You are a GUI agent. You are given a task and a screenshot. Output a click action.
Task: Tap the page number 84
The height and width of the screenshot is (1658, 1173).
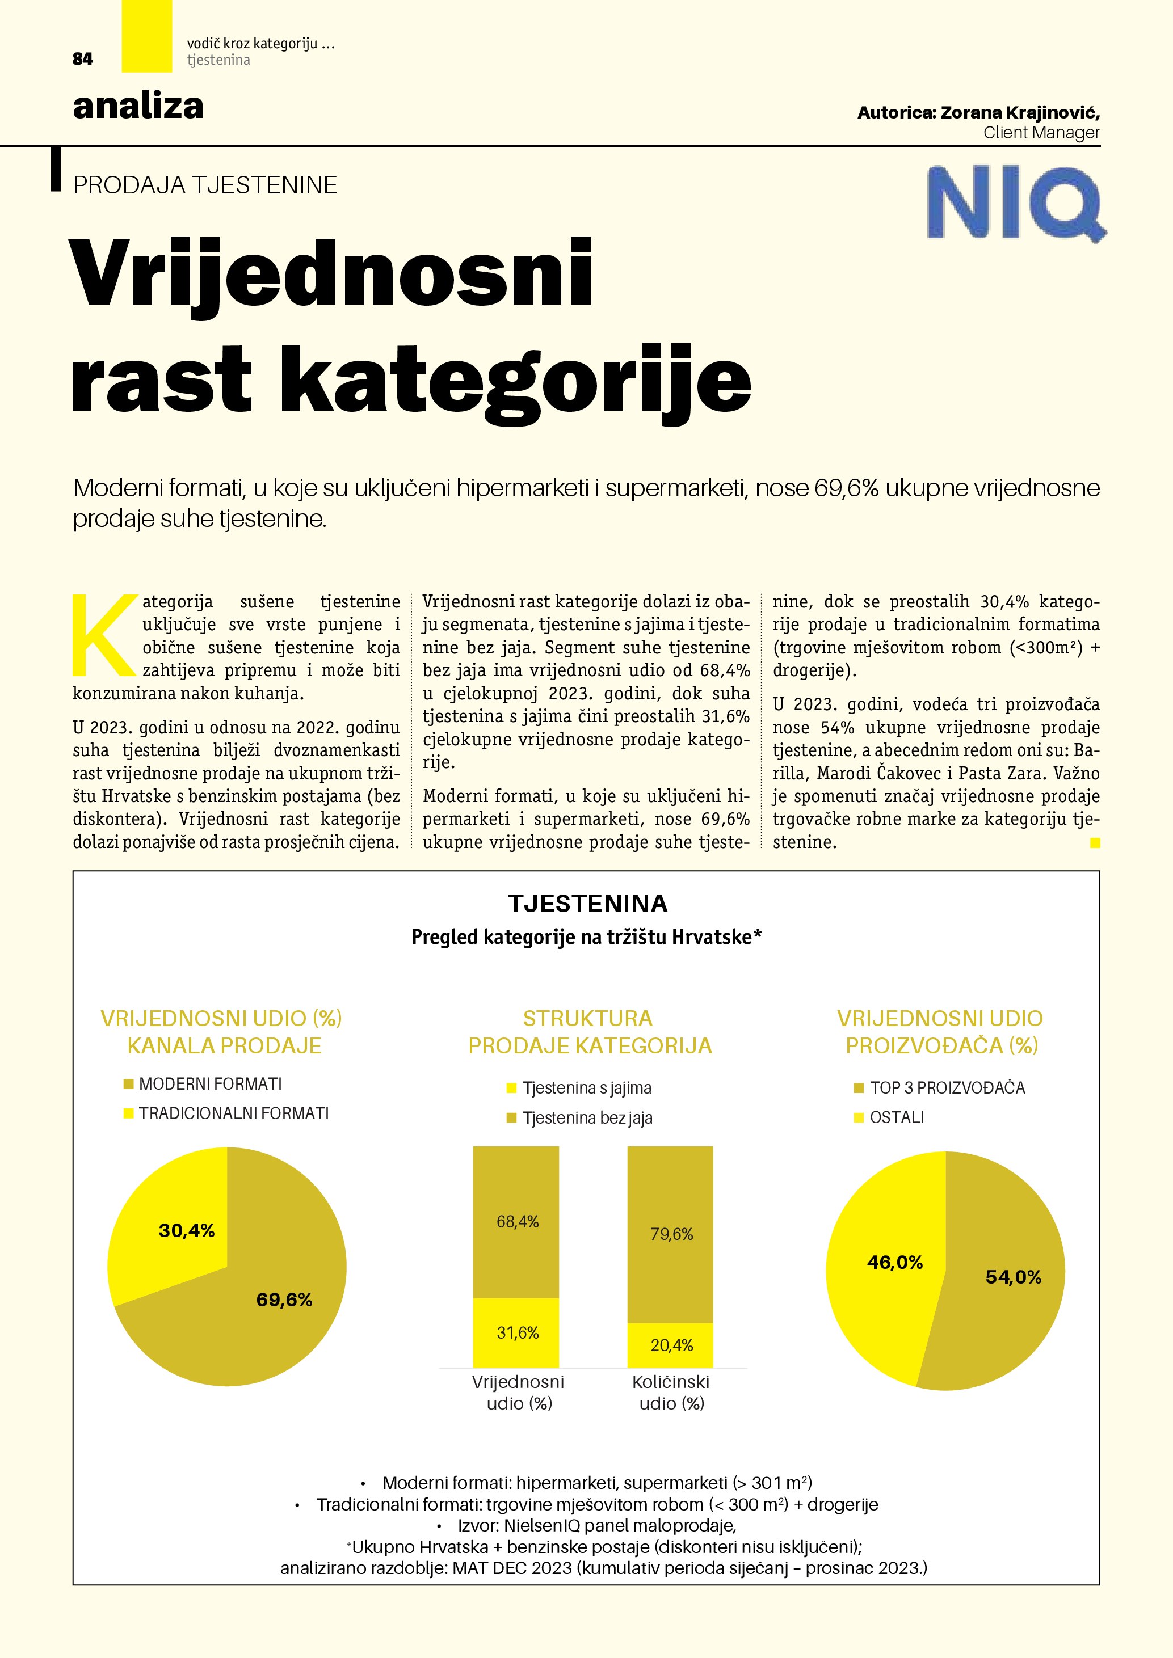click(x=82, y=59)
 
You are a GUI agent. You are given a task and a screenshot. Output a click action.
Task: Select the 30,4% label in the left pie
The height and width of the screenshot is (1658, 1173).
click(x=186, y=1230)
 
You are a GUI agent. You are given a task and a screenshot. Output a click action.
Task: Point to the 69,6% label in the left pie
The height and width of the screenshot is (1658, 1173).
click(x=284, y=1300)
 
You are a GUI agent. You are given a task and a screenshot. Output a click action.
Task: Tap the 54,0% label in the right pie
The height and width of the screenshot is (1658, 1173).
click(x=1014, y=1277)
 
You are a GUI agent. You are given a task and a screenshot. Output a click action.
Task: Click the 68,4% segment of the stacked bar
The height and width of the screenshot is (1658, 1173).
click(x=517, y=1222)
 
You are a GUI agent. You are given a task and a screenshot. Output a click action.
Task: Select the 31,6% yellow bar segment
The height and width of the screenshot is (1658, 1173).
click(x=517, y=1332)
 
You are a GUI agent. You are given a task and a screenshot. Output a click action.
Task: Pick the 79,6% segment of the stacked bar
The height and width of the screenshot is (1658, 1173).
click(x=671, y=1234)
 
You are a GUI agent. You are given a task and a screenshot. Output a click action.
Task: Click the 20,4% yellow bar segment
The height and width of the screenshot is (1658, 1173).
click(x=671, y=1344)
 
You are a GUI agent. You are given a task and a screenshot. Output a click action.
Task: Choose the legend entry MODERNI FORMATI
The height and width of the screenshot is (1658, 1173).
click(x=210, y=1084)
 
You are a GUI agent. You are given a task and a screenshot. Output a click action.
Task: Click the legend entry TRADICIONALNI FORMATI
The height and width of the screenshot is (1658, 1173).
click(x=233, y=1113)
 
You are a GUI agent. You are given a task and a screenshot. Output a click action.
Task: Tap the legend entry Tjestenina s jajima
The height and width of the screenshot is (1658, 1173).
click(x=587, y=1087)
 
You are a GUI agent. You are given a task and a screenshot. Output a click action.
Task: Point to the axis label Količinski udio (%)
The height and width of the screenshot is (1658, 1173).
click(x=671, y=1393)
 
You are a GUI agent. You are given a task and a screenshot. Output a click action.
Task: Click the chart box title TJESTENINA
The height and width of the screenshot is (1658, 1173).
click(x=587, y=904)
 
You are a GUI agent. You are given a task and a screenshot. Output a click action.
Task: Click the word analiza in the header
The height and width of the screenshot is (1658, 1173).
click(x=138, y=106)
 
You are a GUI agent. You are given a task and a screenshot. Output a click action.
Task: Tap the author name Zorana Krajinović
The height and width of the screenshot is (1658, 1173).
click(x=1019, y=113)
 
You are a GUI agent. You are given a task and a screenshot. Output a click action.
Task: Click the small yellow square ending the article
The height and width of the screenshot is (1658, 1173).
click(x=1095, y=842)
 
